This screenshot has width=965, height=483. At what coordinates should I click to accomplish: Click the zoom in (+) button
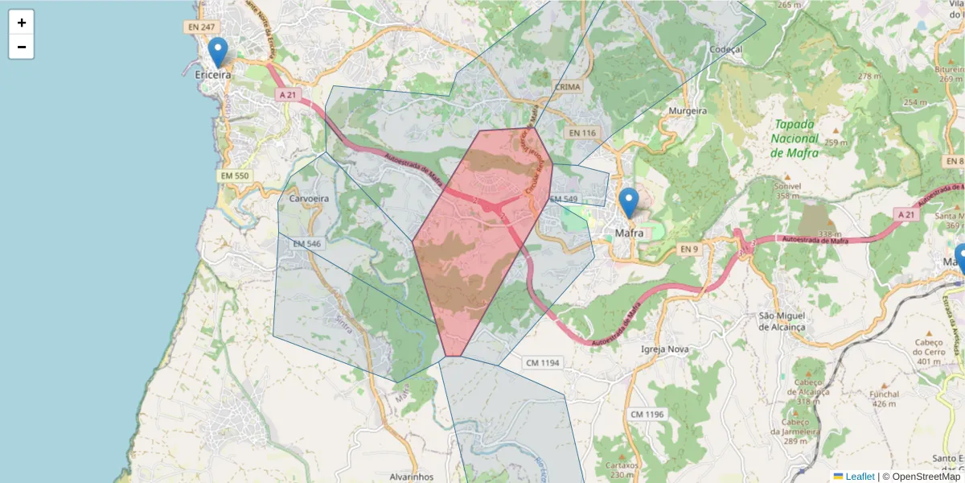click(22, 23)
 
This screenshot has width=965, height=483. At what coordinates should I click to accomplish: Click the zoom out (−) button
click(22, 47)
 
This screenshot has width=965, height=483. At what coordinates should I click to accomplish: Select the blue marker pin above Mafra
click(629, 203)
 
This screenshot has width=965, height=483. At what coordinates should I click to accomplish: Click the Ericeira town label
click(213, 74)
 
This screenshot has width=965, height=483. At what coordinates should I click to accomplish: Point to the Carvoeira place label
click(308, 197)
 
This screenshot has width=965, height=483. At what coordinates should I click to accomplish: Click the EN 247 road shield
click(201, 27)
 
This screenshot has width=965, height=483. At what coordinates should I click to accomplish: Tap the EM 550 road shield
click(234, 175)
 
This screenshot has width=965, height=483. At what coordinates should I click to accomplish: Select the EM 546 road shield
click(307, 243)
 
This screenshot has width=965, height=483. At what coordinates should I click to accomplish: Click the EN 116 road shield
click(582, 132)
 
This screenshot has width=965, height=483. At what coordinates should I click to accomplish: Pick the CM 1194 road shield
click(542, 363)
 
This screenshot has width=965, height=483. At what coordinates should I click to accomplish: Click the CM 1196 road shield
click(647, 414)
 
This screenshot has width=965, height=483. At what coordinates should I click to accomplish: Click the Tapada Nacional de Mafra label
click(794, 138)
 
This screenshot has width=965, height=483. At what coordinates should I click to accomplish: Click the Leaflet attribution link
click(859, 477)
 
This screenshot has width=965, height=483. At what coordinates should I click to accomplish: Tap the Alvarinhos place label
click(411, 476)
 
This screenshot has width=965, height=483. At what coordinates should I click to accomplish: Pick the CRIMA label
click(567, 86)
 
